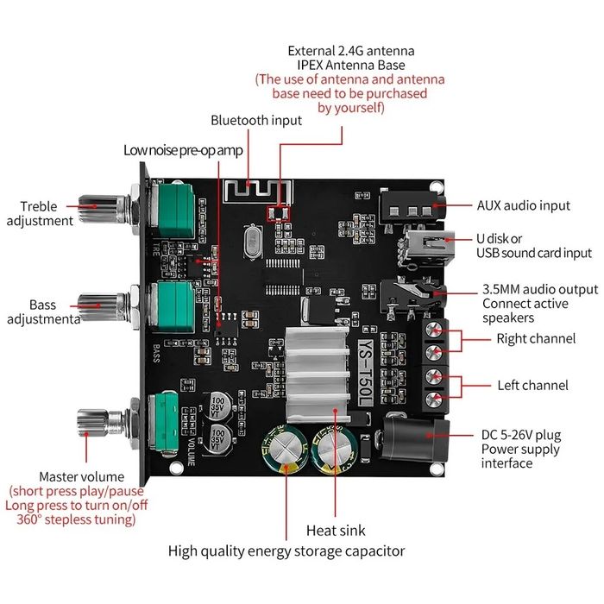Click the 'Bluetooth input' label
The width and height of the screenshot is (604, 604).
click(256, 120)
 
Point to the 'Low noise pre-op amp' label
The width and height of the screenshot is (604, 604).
click(183, 149)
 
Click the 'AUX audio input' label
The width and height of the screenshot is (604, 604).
click(524, 205)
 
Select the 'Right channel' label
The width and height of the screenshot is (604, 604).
click(535, 339)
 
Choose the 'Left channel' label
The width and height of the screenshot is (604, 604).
click(532, 385)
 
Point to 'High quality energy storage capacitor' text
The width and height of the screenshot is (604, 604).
click(286, 551)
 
